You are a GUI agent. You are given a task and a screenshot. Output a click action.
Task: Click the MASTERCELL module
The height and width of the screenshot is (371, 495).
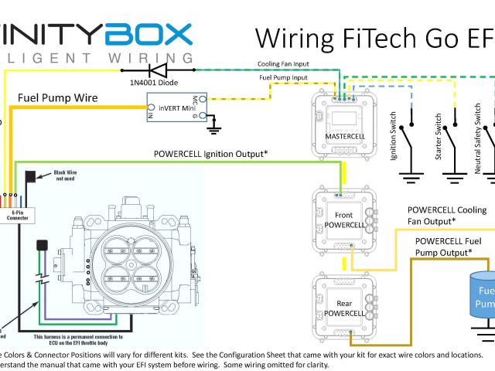[x=344, y=123]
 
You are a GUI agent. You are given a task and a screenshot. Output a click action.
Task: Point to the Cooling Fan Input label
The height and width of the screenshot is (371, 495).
[x=284, y=64]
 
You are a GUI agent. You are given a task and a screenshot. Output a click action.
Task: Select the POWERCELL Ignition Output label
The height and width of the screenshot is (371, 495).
[x=210, y=154]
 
